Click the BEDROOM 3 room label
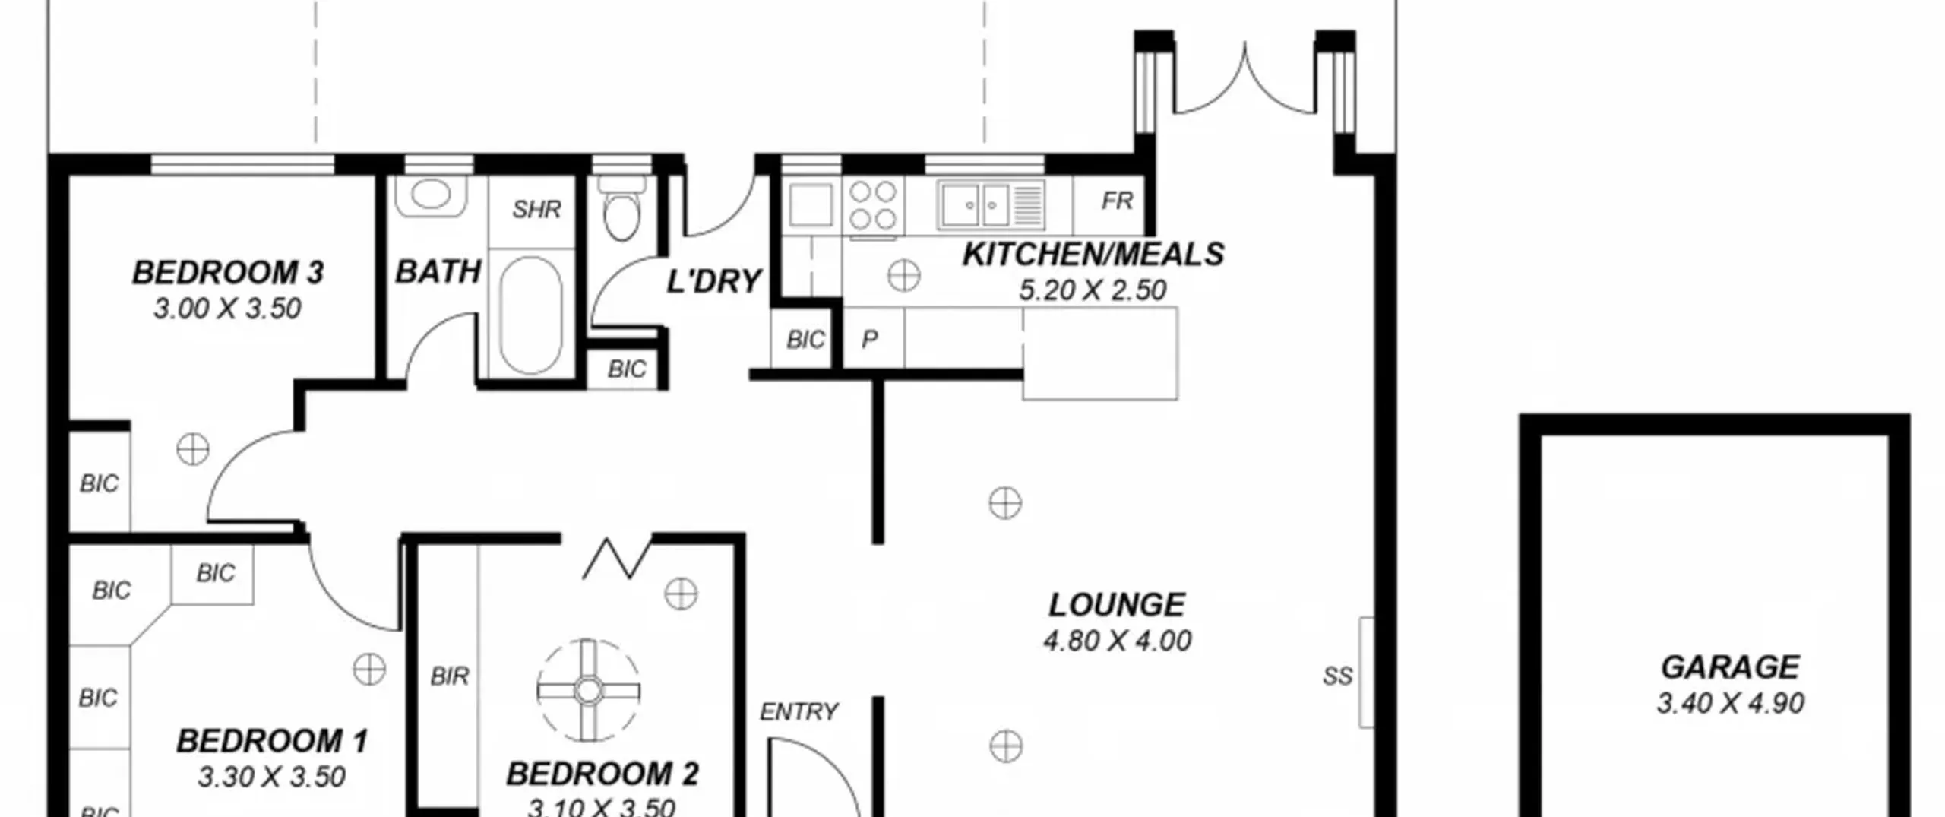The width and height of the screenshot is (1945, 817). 228,272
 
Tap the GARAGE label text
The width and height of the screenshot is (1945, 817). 1730,667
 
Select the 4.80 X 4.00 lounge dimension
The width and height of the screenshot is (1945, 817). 1117,641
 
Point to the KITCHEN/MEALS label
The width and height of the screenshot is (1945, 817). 1093,254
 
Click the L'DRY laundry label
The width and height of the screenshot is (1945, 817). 713,281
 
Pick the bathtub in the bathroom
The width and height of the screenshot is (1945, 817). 531,315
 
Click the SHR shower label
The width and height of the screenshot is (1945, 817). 536,209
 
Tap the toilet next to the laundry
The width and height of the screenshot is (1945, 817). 621,207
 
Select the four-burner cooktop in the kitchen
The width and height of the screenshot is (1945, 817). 872,205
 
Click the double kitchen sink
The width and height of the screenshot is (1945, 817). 991,204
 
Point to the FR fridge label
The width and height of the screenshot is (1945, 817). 1117,201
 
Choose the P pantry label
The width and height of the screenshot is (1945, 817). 870,339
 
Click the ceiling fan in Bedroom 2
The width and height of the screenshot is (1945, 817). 587,691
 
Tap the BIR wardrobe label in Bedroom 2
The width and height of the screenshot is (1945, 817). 449,676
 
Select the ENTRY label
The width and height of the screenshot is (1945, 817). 799,711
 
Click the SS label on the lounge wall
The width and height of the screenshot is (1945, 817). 1337,676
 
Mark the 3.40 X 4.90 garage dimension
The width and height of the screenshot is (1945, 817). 1730,703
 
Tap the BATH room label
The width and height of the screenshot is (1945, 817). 438,271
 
